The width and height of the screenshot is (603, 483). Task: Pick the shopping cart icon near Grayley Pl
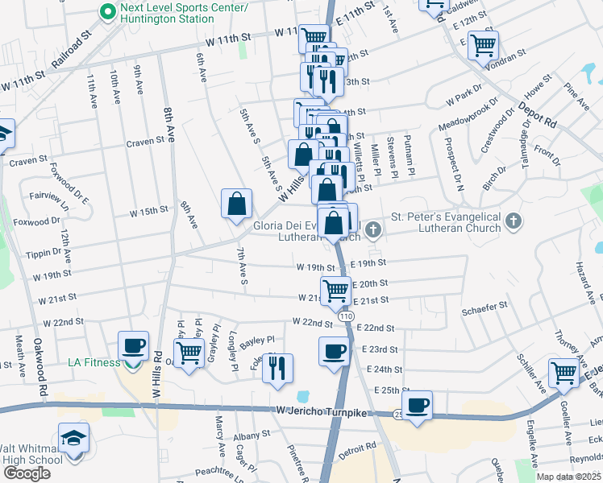pos(189,352)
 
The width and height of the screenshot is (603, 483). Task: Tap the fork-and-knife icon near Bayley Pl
pos(278,368)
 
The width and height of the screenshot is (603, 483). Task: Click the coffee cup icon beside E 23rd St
pos(335,351)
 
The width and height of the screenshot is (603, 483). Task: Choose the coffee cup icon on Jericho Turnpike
pos(417,405)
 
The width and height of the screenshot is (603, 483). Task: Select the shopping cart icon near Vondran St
pos(483,45)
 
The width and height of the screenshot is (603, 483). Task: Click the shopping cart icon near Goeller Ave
pos(563,373)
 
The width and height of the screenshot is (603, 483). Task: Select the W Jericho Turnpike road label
pos(311,412)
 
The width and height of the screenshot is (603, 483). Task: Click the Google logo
pos(27,473)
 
